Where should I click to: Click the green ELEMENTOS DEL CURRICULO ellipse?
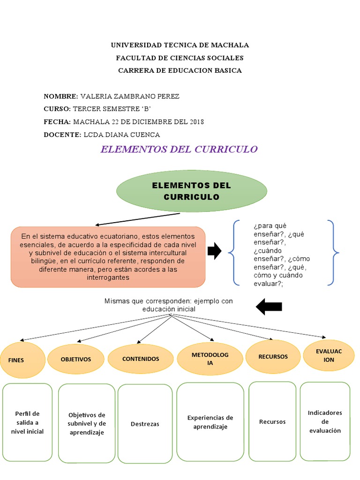tap(191, 191)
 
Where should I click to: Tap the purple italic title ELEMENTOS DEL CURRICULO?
tap(179, 150)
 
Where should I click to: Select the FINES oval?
tap(22, 360)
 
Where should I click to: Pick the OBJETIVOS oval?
tap(75, 359)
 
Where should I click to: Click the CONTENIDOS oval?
tap(141, 359)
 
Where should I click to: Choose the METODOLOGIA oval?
tap(210, 359)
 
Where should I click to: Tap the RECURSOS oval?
tap(273, 357)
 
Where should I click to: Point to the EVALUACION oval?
tap(329, 355)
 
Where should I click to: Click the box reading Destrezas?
tap(145, 424)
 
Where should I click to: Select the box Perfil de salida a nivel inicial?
tap(27, 422)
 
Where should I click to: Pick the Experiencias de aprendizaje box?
tap(210, 422)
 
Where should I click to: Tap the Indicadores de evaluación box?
tap(325, 421)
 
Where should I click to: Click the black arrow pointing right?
tap(214, 251)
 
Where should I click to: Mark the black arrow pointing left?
tap(269, 307)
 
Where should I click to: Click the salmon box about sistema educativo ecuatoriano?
tap(108, 257)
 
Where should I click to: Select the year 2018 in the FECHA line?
tap(197, 122)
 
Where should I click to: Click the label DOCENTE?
tap(62, 135)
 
